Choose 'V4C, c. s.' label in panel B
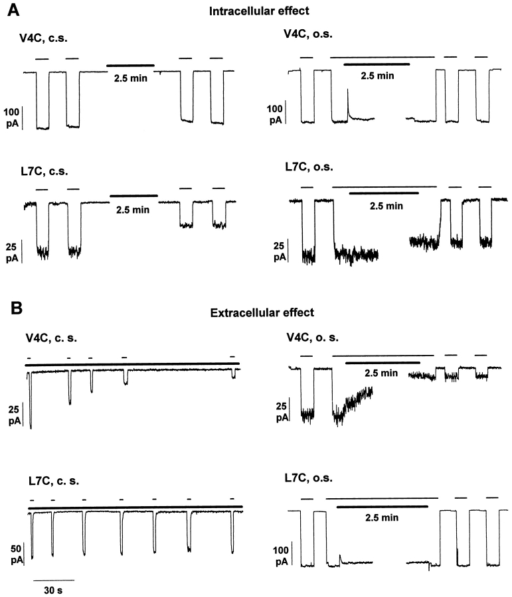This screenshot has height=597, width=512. (44, 338)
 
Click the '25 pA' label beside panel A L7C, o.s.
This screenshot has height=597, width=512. (280, 251)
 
